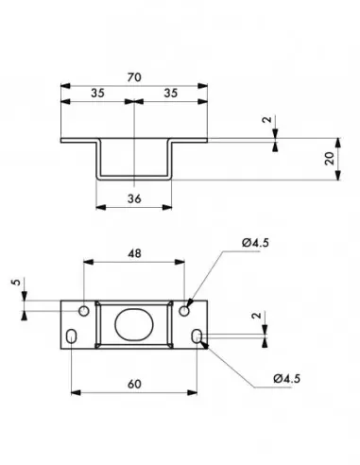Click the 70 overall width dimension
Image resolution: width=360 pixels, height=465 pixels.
point(134,77)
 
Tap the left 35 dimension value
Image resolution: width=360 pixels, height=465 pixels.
point(97,94)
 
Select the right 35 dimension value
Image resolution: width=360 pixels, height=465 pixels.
point(171,94)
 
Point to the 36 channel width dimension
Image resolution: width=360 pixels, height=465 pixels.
point(134,198)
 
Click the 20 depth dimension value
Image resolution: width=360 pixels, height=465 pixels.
point(330,159)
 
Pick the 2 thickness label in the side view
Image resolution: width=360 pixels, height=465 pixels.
point(267,120)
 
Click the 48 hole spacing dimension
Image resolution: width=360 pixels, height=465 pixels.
point(134,253)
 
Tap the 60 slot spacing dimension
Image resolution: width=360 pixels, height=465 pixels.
point(134,385)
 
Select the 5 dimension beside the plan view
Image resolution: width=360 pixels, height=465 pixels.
point(16,282)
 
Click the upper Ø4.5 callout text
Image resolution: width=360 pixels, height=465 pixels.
point(255,243)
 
